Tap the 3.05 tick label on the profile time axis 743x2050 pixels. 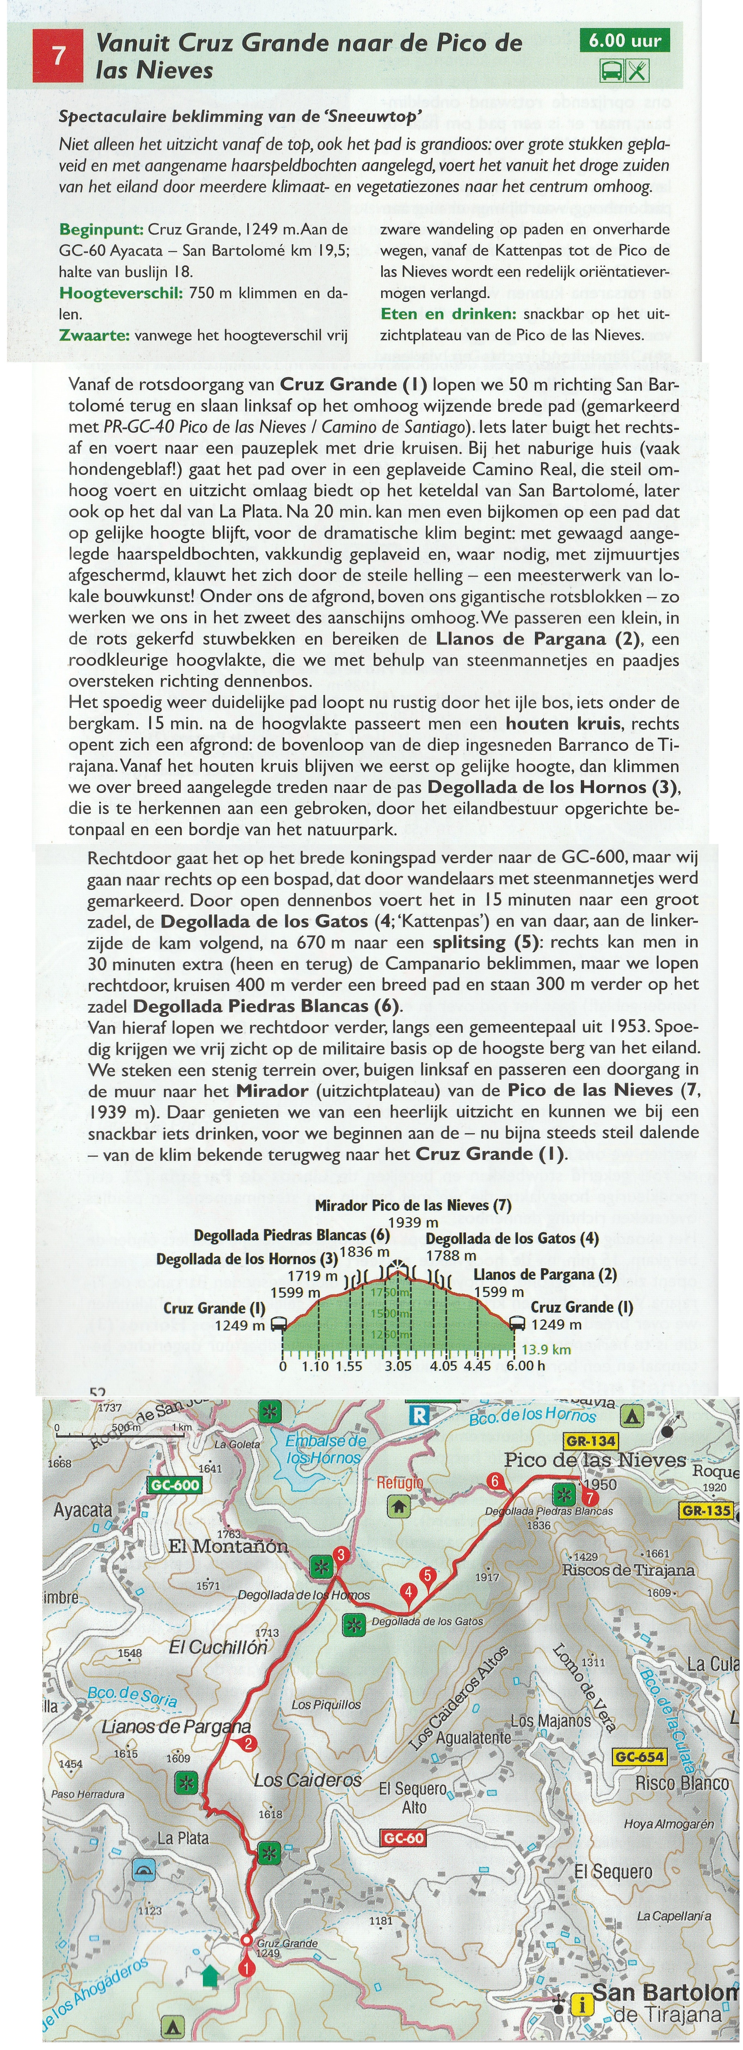click(398, 1366)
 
